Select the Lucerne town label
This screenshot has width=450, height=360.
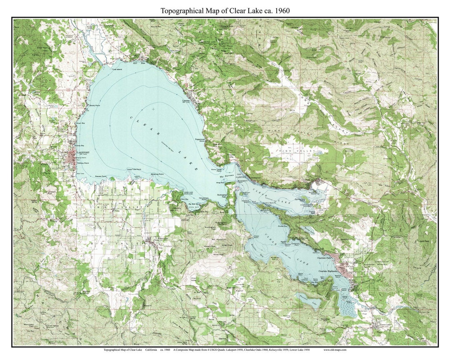(x=186, y=101)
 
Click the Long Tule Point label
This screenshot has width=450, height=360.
(x=134, y=169)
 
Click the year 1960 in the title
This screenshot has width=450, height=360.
(x=282, y=11)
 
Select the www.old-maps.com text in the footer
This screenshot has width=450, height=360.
(x=335, y=350)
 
